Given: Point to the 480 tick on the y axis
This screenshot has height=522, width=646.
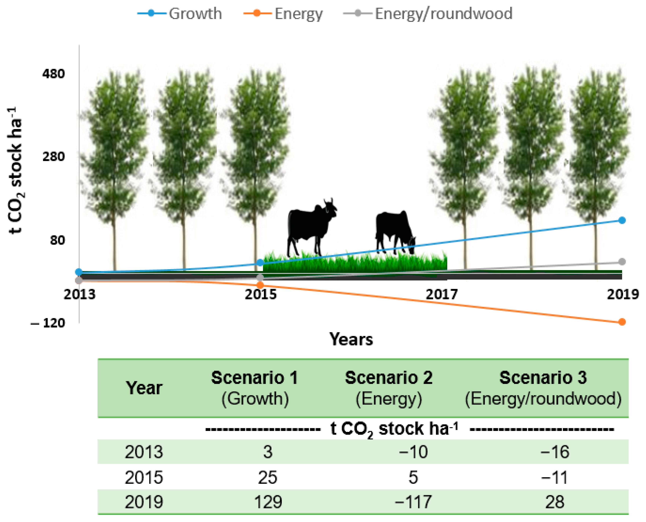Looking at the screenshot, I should (x=54, y=74).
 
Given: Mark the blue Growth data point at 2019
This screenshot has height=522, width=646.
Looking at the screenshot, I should (x=622, y=220).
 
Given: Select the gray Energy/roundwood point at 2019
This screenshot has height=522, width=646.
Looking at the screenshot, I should (x=622, y=262).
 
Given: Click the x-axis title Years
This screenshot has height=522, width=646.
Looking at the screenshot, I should (x=351, y=339).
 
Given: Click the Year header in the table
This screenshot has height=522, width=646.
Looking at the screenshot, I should (x=144, y=388).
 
